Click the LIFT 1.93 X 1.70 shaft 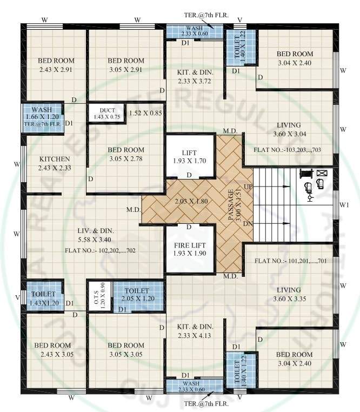[x=189, y=157]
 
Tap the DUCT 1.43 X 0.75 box [x=106, y=113]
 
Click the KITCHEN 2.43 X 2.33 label [x=55, y=163]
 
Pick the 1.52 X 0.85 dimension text [x=145, y=114]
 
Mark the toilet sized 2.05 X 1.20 [x=138, y=295]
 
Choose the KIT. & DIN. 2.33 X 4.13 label [x=195, y=331]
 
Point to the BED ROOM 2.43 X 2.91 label [x=56, y=65]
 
